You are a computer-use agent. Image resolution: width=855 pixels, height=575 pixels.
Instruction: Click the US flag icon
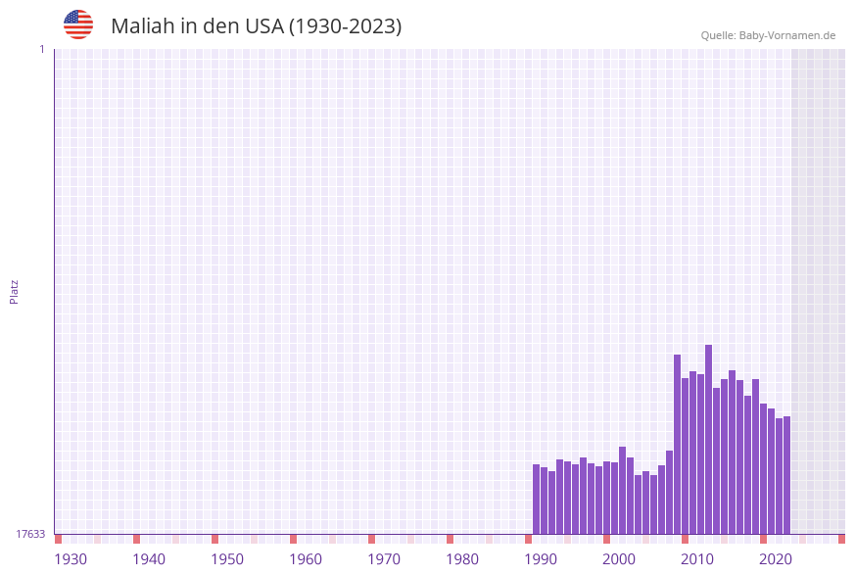78,24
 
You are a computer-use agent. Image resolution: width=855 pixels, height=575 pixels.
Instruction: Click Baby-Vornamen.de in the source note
787,35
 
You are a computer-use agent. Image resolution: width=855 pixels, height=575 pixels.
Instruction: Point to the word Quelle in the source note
718,35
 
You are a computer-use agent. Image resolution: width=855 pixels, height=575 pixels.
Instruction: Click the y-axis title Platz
15,291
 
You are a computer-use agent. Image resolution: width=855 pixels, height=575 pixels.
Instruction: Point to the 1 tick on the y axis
41,49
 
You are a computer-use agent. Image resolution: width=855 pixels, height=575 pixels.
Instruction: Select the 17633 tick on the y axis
30,534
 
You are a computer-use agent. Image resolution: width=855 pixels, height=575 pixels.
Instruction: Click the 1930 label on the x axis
71,559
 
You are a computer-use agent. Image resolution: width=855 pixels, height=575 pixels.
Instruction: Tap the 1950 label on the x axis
227,559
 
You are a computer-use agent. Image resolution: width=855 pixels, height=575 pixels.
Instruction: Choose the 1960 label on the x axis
306,559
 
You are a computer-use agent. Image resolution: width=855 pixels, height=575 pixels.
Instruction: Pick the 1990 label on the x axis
541,559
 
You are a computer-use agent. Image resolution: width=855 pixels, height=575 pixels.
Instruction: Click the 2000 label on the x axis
619,559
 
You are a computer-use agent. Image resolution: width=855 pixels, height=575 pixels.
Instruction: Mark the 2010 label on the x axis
697,559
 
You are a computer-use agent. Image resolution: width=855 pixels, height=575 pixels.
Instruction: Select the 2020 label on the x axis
776,559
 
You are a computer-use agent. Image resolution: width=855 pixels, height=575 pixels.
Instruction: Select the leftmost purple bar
536,499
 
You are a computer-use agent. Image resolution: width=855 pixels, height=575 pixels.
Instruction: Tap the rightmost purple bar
786,475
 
